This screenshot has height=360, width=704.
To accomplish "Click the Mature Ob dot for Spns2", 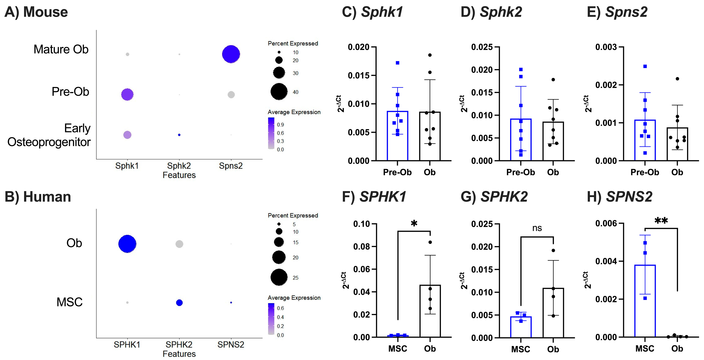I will (231, 54).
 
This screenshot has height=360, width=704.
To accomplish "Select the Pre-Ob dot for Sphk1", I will (127, 95).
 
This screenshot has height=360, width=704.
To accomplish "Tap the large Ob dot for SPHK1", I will (127, 244).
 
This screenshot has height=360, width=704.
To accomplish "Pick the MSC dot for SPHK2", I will (179, 303).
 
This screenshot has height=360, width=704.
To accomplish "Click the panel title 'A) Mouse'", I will (36, 12).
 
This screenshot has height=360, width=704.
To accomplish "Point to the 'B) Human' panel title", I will (38, 197).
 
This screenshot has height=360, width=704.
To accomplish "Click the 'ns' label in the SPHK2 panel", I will (537, 228).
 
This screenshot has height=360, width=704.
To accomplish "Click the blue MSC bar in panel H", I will (645, 301).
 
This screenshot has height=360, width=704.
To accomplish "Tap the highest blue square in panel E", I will (645, 66).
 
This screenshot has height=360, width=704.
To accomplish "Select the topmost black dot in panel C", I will (430, 55).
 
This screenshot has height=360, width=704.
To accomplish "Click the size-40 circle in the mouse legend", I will (279, 92).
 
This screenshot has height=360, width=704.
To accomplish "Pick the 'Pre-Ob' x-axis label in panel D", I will (521, 172).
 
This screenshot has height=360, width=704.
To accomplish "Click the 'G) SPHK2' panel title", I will (494, 197).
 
